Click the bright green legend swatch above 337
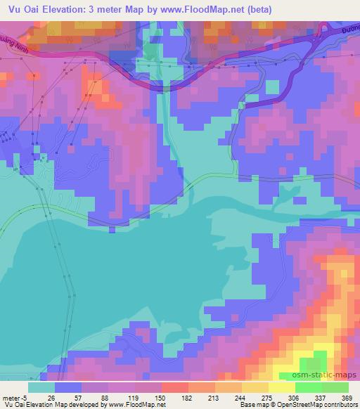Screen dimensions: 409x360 (309, 387)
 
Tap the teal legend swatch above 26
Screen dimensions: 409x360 (42, 387)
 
